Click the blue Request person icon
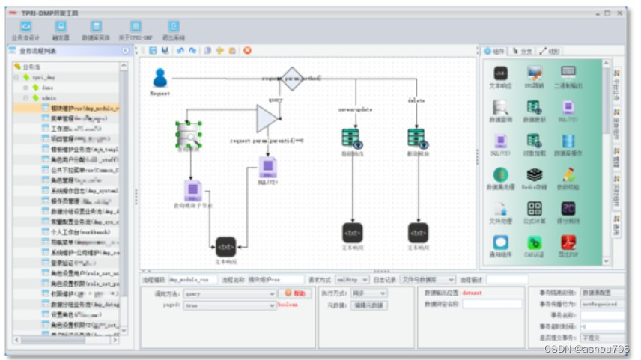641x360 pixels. (160, 78)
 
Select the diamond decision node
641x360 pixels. (291, 78)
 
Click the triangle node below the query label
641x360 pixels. (267, 118)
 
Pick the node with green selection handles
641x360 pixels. (189, 134)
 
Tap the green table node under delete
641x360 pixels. (416, 137)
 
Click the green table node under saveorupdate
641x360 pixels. (350, 137)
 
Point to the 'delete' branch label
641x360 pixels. (416, 100)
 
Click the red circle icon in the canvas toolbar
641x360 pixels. (247, 51)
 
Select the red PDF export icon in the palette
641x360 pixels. (568, 243)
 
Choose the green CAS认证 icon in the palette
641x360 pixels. (534, 243)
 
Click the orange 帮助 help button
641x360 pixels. (296, 293)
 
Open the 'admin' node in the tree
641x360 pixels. (49, 98)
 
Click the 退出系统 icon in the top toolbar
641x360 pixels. (174, 30)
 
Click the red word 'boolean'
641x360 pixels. (288, 305)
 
